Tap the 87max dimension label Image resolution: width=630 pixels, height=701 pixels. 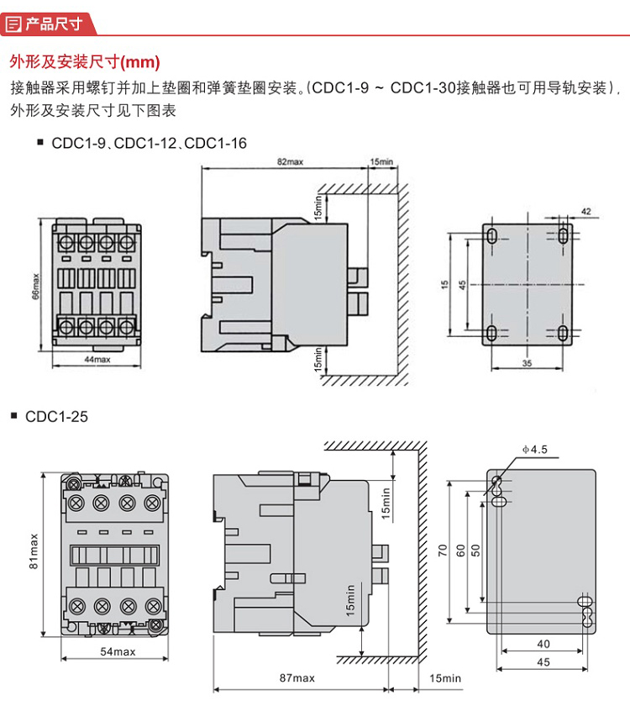pos(297,677)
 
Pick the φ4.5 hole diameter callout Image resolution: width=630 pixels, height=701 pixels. pos(534,451)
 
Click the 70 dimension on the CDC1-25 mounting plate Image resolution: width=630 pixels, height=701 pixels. pos(443,552)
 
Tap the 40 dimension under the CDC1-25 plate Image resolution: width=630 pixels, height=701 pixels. pos(543,644)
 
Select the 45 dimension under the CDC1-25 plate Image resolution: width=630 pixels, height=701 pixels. pos(543,662)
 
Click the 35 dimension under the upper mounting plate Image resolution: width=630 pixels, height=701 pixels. pos(527,363)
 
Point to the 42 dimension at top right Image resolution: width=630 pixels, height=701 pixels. pos(585,211)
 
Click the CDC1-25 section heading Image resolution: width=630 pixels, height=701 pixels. pos(56,416)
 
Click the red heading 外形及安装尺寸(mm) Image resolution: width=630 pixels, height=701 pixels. pos(84,62)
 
